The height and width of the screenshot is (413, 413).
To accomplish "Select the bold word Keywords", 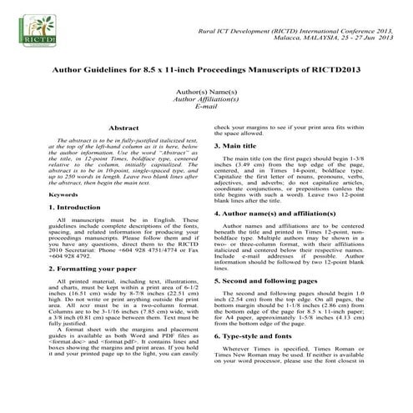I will (41, 194).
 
